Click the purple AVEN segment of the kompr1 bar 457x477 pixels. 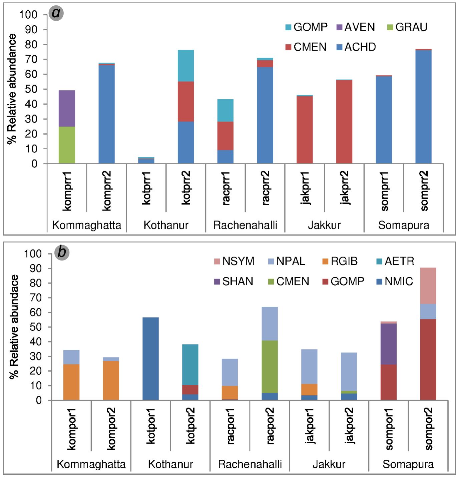coord(67,108)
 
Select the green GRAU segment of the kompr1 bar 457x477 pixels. coord(67,145)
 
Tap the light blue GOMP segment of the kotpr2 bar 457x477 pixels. coord(186,66)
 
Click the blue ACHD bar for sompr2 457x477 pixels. coord(423,107)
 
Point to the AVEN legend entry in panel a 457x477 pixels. coord(356,27)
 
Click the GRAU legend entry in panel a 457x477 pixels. coord(407,27)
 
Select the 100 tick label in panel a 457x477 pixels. coord(28,15)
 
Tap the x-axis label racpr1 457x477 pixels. coord(226,188)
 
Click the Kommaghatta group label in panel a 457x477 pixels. coord(86,225)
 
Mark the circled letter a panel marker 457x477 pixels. coord(56,13)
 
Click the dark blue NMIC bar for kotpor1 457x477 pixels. coord(150,358)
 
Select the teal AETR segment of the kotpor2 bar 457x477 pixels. coord(190,364)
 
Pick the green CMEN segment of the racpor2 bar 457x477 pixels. coord(270,366)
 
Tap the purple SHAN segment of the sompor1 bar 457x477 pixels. coord(389,344)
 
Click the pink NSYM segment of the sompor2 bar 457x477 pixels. coord(428,285)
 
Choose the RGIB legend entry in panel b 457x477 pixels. coord(340,261)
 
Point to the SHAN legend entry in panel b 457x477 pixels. coord(234,281)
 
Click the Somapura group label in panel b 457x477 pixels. coord(408,464)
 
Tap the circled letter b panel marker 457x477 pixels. coord(62,252)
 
